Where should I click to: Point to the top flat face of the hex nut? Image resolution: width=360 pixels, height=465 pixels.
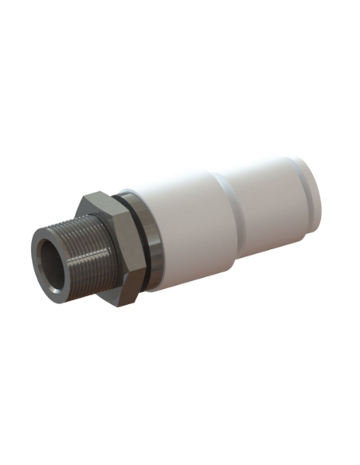(x=102, y=200)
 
